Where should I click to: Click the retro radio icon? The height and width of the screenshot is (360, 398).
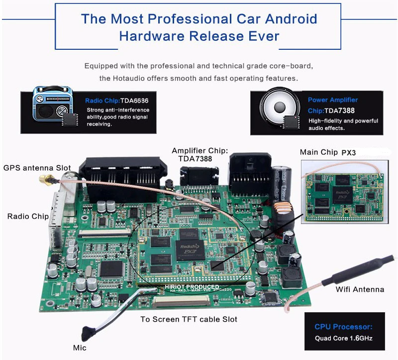[x=52, y=106]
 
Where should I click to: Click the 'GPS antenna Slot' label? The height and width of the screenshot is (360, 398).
[x=37, y=168]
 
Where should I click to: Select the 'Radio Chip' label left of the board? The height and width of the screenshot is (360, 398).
[x=28, y=216]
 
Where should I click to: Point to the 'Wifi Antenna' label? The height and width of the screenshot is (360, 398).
[x=360, y=289]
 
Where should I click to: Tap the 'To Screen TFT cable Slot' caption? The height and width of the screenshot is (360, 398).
[x=189, y=319]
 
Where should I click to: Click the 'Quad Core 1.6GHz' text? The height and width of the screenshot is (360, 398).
[x=343, y=339]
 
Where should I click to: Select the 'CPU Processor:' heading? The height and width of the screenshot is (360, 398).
[x=343, y=327]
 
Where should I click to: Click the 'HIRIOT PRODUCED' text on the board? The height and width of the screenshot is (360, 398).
[x=192, y=287]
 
